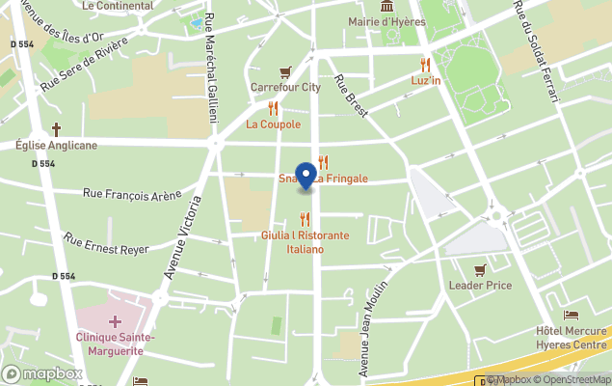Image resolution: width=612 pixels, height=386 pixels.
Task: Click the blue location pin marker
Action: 306,176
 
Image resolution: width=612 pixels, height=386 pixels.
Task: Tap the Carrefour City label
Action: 285,87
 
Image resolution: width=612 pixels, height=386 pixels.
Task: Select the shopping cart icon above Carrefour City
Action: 285,71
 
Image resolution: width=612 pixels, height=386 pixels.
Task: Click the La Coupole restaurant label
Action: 273,124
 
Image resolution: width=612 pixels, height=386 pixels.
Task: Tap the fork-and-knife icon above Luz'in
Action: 424,64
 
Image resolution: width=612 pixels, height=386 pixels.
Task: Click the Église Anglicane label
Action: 56,146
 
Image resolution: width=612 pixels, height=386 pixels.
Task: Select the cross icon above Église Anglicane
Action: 56,129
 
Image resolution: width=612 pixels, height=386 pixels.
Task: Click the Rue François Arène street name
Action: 132,195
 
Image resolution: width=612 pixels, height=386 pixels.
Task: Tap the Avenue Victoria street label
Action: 183,237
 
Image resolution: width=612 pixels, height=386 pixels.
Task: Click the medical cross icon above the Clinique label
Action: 115,320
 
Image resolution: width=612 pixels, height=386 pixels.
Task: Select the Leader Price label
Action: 480,286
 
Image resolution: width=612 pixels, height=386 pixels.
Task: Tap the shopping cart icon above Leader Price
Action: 480,269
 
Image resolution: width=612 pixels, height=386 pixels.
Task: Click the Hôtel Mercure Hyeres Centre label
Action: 570,338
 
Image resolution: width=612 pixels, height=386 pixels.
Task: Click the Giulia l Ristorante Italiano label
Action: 306,242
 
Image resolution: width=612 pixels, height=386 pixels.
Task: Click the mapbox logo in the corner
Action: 42,373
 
